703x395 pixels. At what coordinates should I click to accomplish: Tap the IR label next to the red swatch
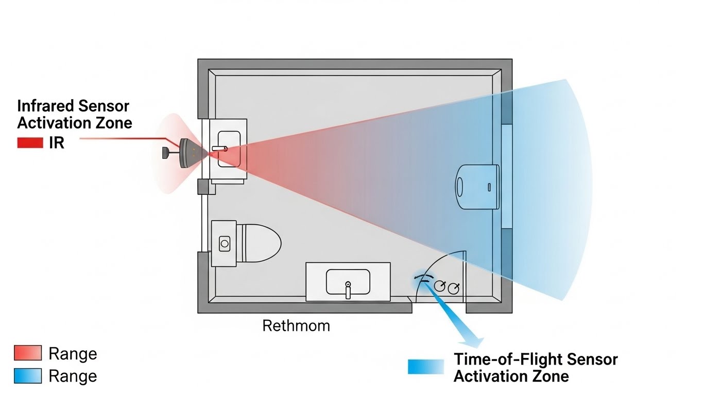57,143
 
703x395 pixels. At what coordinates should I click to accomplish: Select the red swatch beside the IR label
30,143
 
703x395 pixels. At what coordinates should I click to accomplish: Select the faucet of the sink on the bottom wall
348,290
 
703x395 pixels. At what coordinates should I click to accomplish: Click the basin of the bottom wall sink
348,282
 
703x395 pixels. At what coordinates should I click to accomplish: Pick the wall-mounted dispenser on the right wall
477,186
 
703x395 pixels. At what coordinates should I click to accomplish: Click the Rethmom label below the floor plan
296,326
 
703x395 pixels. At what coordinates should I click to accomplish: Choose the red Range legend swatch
27,353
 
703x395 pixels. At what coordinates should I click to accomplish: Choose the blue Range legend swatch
27,376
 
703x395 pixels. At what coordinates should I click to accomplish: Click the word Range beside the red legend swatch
73,354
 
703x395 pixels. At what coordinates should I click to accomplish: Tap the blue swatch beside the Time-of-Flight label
425,367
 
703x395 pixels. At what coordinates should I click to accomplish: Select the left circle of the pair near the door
439,285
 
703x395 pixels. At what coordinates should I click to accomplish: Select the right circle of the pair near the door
453,288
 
